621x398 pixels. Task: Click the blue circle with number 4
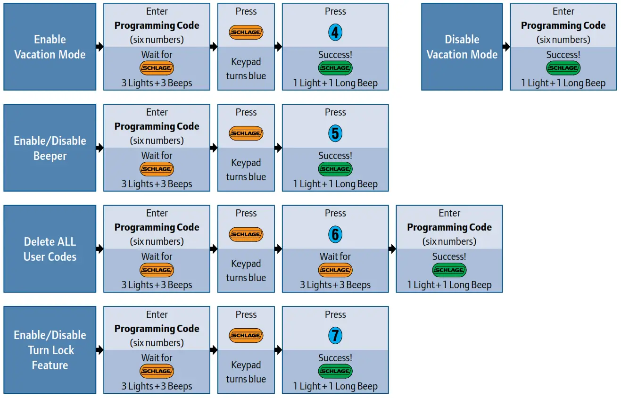coord(335,33)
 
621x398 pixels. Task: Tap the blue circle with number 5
coord(335,133)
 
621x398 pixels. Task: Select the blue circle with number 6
coord(335,234)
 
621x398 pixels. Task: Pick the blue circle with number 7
coord(335,336)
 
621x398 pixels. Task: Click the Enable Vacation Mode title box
coord(50,47)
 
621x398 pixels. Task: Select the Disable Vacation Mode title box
coord(462,47)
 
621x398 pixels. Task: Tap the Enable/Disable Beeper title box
coord(50,148)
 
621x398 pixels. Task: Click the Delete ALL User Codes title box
coord(50,249)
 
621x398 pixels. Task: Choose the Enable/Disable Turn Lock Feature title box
coord(50,350)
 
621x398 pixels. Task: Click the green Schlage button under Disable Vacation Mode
coord(563,68)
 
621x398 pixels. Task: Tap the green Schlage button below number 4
coord(335,68)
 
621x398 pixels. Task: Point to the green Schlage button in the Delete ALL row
coord(449,270)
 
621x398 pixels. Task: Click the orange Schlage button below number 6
coord(335,270)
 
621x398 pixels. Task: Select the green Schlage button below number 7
coord(335,371)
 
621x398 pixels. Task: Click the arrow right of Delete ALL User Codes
coord(99,249)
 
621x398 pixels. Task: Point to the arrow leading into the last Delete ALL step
coord(392,249)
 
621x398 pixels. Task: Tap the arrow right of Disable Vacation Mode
coord(506,47)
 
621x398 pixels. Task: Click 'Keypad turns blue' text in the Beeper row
coord(246,170)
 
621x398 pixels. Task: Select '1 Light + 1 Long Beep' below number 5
coord(335,184)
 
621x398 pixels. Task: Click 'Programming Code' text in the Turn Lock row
coord(157,329)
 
